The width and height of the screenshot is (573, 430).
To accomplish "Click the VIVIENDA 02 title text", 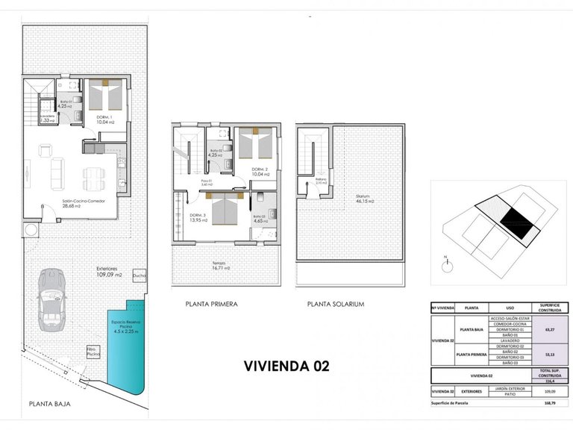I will coord(286,366).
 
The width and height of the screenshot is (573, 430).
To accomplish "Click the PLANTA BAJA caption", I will coord(50,403).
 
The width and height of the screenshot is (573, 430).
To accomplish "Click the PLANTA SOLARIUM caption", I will coord(336,305).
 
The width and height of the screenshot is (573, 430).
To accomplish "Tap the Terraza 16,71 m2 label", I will coord(219,267).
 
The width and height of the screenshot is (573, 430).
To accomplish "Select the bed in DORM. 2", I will coord(255,143).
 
